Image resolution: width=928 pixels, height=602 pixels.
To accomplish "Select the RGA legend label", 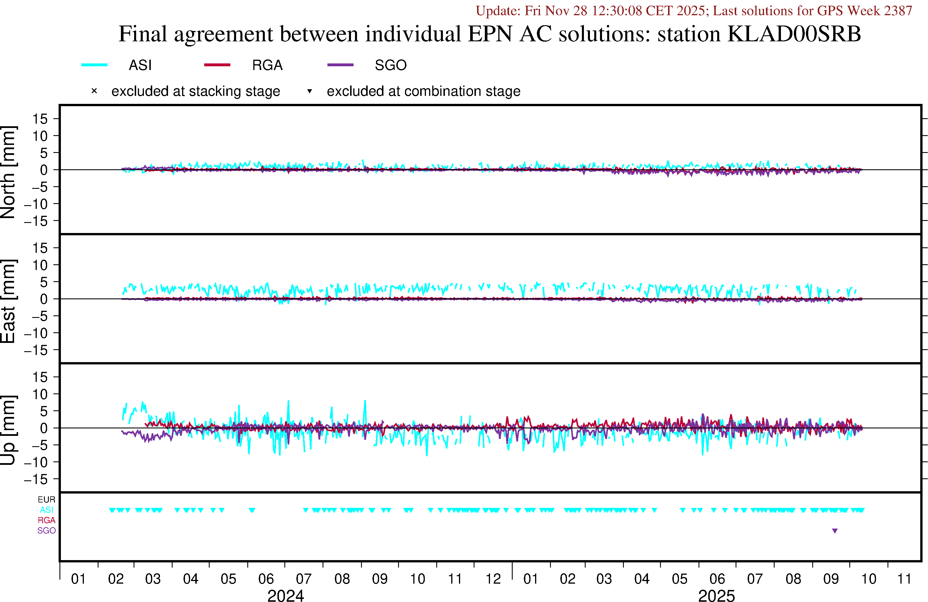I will (x=267, y=65).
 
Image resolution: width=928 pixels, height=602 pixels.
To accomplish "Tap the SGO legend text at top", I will (x=390, y=65).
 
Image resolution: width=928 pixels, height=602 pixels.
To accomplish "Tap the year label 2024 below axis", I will (x=285, y=595).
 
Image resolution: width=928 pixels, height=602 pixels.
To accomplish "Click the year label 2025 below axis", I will (x=716, y=595).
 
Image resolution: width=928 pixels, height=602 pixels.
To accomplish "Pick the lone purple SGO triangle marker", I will (x=835, y=531).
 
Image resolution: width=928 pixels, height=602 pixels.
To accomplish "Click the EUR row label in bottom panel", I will (x=47, y=500).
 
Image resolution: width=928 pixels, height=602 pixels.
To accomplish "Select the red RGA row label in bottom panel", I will (x=47, y=520).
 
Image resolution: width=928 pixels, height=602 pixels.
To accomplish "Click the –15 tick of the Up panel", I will (x=36, y=479).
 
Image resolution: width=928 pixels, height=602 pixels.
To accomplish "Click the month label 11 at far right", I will (x=904, y=579).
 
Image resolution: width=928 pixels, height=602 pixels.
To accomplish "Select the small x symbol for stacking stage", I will (x=94, y=91).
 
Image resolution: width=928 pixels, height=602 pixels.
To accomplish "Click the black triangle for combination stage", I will (x=310, y=91).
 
